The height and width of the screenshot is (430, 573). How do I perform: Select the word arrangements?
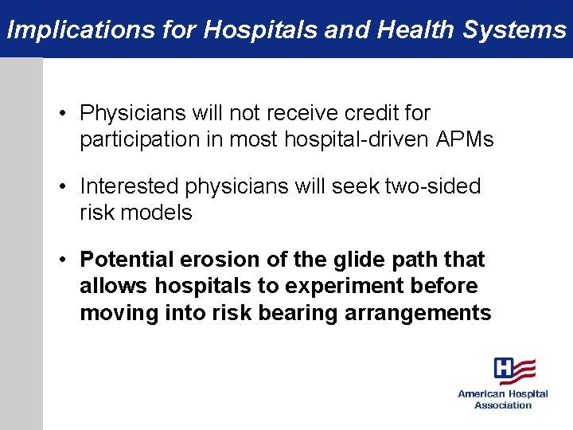[418, 313]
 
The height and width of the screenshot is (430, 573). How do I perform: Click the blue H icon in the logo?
[503, 369]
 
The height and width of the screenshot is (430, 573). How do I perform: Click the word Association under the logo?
[503, 405]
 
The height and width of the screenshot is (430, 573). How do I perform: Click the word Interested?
[130, 187]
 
